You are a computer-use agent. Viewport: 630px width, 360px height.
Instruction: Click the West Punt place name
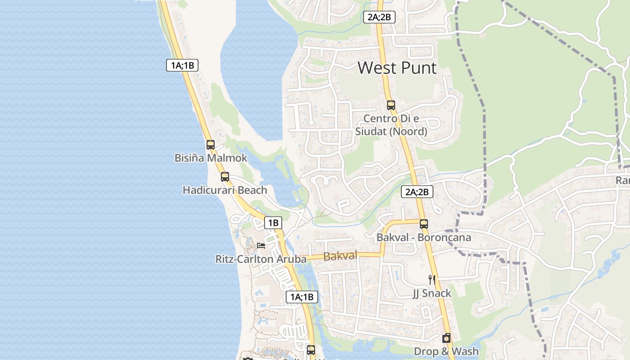pyautogui.click(x=397, y=68)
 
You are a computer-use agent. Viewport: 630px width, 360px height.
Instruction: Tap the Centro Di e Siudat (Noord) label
pyautogui.click(x=391, y=125)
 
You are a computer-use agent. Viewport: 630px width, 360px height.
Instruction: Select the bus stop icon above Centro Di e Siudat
pyautogui.click(x=391, y=105)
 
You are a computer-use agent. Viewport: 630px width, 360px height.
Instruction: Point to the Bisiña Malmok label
pyautogui.click(x=211, y=158)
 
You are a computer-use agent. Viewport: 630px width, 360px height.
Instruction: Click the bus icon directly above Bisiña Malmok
pyautogui.click(x=211, y=145)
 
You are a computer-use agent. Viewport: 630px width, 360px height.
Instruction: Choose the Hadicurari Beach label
pyautogui.click(x=225, y=190)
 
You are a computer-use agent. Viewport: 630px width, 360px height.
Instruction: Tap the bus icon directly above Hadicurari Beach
pyautogui.click(x=225, y=177)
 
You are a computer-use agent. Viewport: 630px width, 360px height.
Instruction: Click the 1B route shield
pyautogui.click(x=273, y=222)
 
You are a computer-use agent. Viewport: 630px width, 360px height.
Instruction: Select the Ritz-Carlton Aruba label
pyautogui.click(x=261, y=259)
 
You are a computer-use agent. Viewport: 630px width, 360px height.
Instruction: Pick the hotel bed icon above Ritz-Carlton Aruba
pyautogui.click(x=261, y=246)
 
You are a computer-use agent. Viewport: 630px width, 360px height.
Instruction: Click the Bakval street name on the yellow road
pyautogui.click(x=340, y=256)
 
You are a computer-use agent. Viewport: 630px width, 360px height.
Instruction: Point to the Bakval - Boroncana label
pyautogui.click(x=423, y=237)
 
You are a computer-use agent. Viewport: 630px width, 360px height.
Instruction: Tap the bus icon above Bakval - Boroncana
pyautogui.click(x=423, y=224)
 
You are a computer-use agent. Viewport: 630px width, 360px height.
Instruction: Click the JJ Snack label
pyautogui.click(x=432, y=293)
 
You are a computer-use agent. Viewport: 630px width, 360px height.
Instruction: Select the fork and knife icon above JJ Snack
pyautogui.click(x=432, y=280)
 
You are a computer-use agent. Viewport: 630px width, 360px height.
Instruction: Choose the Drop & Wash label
pyautogui.click(x=446, y=351)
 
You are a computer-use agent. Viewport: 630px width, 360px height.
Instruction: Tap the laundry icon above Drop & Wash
pyautogui.click(x=446, y=338)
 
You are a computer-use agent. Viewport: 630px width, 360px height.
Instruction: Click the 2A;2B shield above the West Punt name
pyautogui.click(x=379, y=17)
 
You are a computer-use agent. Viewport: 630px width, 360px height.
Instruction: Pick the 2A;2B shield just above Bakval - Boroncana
pyautogui.click(x=417, y=192)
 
